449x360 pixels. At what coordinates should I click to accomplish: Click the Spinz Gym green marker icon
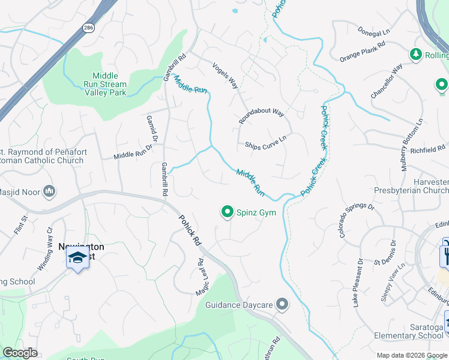228,211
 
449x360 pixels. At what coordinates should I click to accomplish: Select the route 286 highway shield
89,28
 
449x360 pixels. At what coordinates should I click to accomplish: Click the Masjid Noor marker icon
49,191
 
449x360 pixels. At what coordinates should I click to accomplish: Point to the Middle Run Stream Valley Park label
105,85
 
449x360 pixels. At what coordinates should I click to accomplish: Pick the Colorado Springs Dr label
356,220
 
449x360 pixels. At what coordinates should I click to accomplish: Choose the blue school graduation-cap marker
77,258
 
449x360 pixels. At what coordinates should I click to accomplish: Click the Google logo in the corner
20,353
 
